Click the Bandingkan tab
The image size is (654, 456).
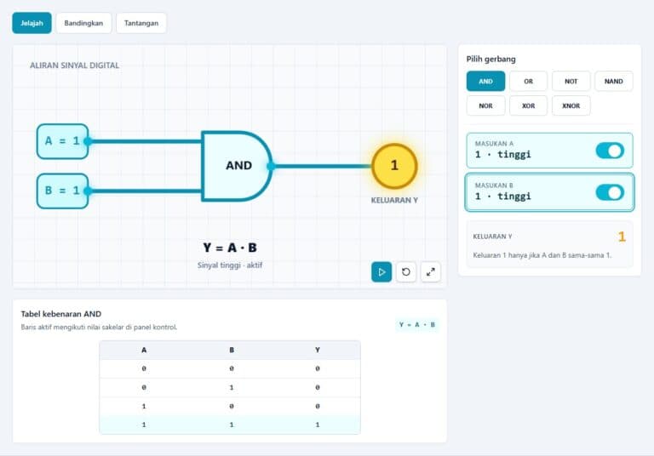[83, 23]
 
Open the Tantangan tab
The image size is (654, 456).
[141, 23]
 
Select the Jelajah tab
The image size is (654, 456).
[32, 23]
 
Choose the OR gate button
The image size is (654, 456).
[528, 82]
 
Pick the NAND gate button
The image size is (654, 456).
[613, 82]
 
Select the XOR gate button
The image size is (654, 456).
[528, 105]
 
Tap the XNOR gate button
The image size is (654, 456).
[571, 105]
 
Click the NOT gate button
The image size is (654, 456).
[571, 82]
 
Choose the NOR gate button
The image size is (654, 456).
[485, 105]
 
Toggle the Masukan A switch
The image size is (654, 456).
[610, 151]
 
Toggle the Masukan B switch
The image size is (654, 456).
[610, 192]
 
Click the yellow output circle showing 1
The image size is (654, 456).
[394, 166]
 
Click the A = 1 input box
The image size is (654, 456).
[62, 141]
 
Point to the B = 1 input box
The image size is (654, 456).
[62, 191]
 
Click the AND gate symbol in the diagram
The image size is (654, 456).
[237, 166]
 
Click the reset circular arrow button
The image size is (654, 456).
[406, 272]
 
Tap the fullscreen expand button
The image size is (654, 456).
[430, 272]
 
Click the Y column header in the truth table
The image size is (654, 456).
[318, 350]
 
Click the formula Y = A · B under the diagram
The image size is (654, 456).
[230, 248]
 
